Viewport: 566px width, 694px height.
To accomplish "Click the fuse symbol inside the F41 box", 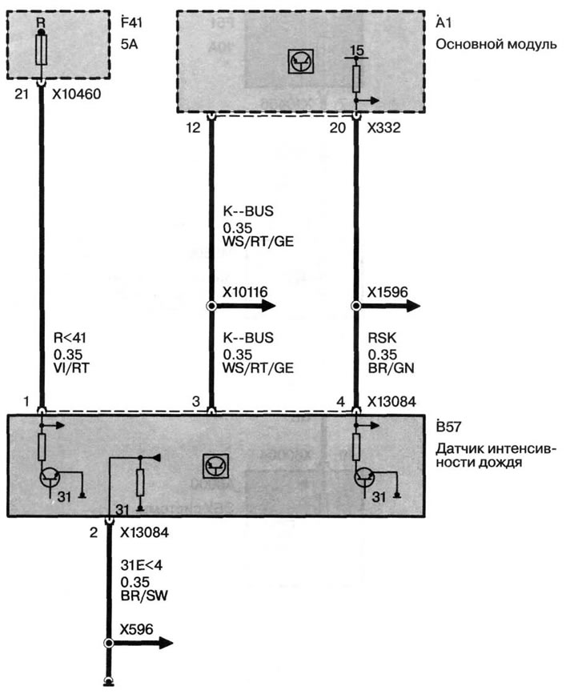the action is point(41,50).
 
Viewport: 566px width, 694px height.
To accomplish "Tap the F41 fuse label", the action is point(131,22).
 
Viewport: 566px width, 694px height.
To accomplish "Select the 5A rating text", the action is point(129,44).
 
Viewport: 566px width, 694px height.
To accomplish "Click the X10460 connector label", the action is point(77,94).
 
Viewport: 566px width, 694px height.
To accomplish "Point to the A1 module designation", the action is point(444,22).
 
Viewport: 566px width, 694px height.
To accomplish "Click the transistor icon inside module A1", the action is point(301,61).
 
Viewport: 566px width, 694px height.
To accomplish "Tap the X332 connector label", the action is point(383,128).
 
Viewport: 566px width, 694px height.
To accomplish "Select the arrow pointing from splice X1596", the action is point(387,306).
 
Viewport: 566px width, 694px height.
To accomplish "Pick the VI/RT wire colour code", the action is point(71,367).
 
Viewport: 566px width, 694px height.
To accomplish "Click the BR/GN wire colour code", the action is point(391,367).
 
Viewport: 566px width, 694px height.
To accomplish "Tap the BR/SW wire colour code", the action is point(144,596).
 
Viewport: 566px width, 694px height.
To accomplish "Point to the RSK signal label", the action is point(382,338).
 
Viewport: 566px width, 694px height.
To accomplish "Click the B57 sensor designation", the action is point(448,427).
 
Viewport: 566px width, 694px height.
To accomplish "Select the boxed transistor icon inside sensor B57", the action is point(216,466).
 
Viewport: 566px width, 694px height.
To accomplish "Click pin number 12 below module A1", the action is point(193,128).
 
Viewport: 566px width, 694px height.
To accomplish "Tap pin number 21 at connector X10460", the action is point(22,94).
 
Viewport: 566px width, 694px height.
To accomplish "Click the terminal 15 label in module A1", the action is point(357,50).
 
